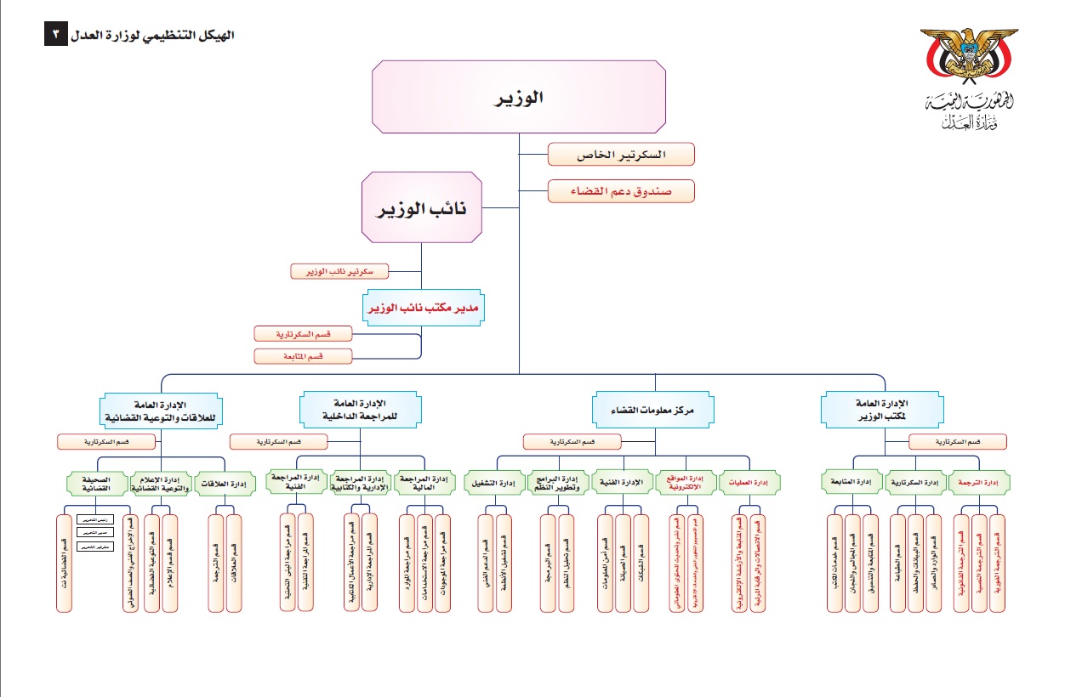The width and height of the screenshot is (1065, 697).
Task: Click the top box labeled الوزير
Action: click(x=519, y=97)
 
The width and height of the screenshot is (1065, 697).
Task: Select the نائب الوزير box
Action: click(x=422, y=208)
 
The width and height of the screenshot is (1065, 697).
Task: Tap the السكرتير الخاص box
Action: click(x=621, y=155)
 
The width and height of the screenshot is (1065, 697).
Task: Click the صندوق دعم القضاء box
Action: click(x=621, y=191)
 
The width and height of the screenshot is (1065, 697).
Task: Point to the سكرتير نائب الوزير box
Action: click(x=339, y=271)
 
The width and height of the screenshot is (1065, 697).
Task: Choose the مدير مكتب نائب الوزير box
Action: click(x=422, y=309)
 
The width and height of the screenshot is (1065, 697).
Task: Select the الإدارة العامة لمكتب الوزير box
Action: click(x=882, y=409)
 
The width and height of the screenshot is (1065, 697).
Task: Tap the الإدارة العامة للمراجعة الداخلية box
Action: click(x=361, y=409)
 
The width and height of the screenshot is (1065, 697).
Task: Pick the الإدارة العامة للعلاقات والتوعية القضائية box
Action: click(x=160, y=411)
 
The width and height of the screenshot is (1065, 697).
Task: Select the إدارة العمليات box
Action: click(x=751, y=484)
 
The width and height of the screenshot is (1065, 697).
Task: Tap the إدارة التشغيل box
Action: click(x=493, y=484)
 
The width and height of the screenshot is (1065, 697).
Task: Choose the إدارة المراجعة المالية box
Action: click(x=426, y=484)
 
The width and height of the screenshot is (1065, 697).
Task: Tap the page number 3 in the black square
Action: click(x=54, y=35)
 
